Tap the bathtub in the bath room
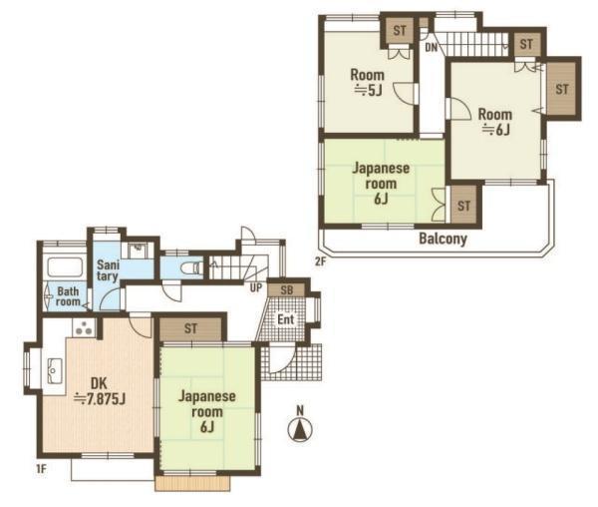pos(65,267)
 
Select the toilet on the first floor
pos(191,267)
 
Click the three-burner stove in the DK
pos(84,328)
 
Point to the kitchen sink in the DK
pos(55,370)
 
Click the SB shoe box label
pos(287,290)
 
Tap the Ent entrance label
pos(286,319)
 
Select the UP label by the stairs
pos(256,288)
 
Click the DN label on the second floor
pos(432,48)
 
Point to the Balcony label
pos(443,239)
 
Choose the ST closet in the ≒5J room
pos(400,30)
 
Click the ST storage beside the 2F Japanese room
pos(463,206)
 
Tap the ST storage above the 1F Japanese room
pos(190,328)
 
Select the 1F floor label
pos(41,469)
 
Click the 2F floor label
pos(320,261)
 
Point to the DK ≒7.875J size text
pos(100,391)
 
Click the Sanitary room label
pos(108,269)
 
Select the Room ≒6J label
pos(495,122)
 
